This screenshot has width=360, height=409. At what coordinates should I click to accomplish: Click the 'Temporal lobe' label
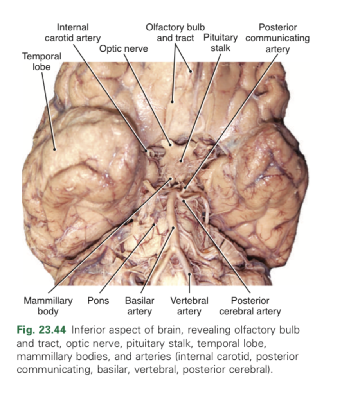coord(41,61)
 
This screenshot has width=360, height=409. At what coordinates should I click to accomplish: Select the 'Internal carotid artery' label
coord(72,33)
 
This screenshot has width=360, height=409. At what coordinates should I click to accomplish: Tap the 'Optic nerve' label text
coord(124,49)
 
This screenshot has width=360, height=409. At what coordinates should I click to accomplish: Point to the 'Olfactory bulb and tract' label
coord(175,33)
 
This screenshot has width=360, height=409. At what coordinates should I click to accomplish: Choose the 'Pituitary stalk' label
coord(220,43)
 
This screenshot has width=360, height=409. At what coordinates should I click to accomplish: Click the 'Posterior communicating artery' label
coord(277,38)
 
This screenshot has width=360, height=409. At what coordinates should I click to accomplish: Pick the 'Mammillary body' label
coord(48,306)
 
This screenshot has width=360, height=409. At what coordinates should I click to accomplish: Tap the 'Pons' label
coord(98,301)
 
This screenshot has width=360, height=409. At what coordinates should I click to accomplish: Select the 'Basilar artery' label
coord(139,306)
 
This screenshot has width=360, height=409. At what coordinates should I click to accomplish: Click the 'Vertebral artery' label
coord(189,306)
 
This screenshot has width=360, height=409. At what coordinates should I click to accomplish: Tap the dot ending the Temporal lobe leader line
coord(55,149)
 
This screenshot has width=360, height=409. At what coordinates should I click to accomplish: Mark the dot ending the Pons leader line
coord(155,224)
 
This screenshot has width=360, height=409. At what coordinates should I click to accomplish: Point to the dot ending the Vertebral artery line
coord(189,274)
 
